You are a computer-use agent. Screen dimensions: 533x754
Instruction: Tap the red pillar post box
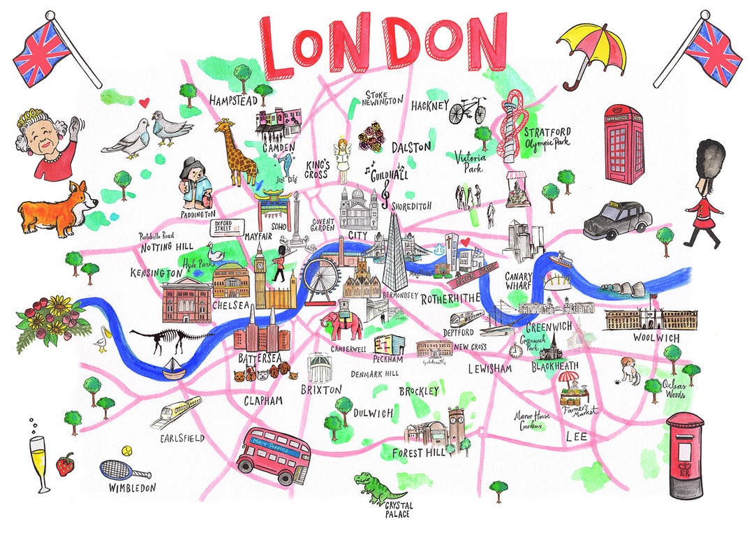[x=684, y=454]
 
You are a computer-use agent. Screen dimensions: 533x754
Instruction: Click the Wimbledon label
[x=132, y=488]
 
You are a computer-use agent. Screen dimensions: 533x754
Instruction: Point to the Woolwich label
[x=656, y=338]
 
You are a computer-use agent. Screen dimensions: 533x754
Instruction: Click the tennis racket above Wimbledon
[x=116, y=466]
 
